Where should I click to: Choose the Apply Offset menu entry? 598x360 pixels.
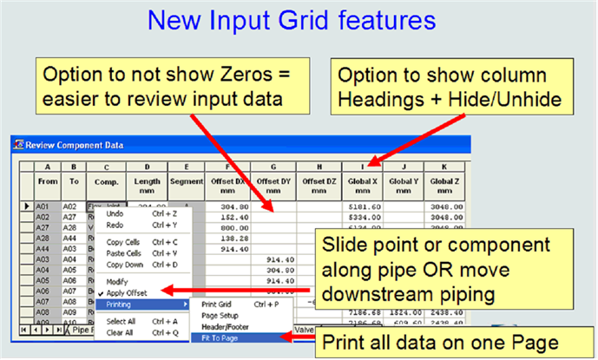127,293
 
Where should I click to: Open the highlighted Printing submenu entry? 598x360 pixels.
122,304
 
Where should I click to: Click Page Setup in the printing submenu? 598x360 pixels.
222,315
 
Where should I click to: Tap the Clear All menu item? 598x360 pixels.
119,331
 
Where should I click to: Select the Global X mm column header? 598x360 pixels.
369,184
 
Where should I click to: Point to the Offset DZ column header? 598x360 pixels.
318,184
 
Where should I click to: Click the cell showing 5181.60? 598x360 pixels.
369,206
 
